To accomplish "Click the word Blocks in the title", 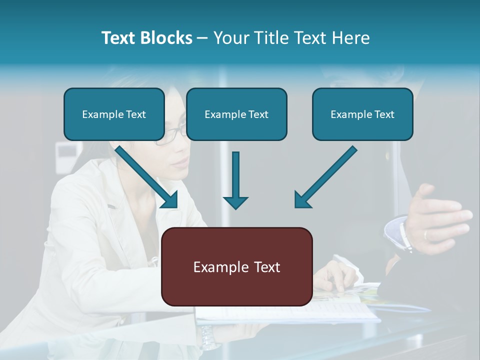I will [167, 38].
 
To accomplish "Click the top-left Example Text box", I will [114, 114].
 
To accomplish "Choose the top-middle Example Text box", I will [236, 114].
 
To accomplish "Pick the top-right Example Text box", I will [362, 114].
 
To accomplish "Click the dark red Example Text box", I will [236, 266].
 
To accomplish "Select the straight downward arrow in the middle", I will [235, 180].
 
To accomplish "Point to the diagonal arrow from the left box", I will [148, 177].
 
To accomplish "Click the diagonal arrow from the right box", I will [325, 177].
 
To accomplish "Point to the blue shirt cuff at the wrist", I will [397, 232].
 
